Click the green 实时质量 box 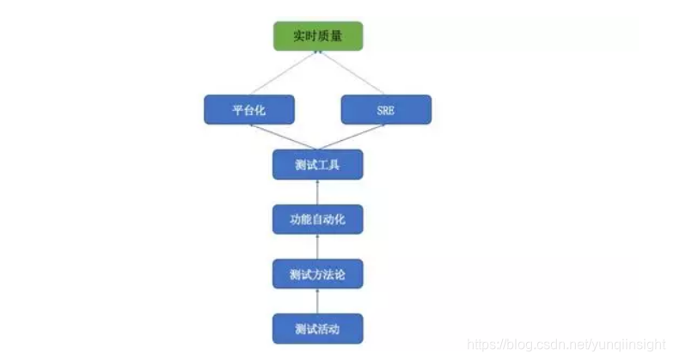coord(318,36)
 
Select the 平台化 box coord(249,110)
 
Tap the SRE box coord(386,110)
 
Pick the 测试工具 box coord(317,164)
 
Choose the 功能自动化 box coord(317,219)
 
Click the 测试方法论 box coord(317,274)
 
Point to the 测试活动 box coord(317,328)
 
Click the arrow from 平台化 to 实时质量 coord(285,73)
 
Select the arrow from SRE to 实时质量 coord(352,73)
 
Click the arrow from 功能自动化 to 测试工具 coord(317,192)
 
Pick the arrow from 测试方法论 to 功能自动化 coord(317,247)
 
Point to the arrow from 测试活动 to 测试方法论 coord(317,302)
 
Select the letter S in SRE coord(378,110)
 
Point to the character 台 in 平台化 coord(249,110)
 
